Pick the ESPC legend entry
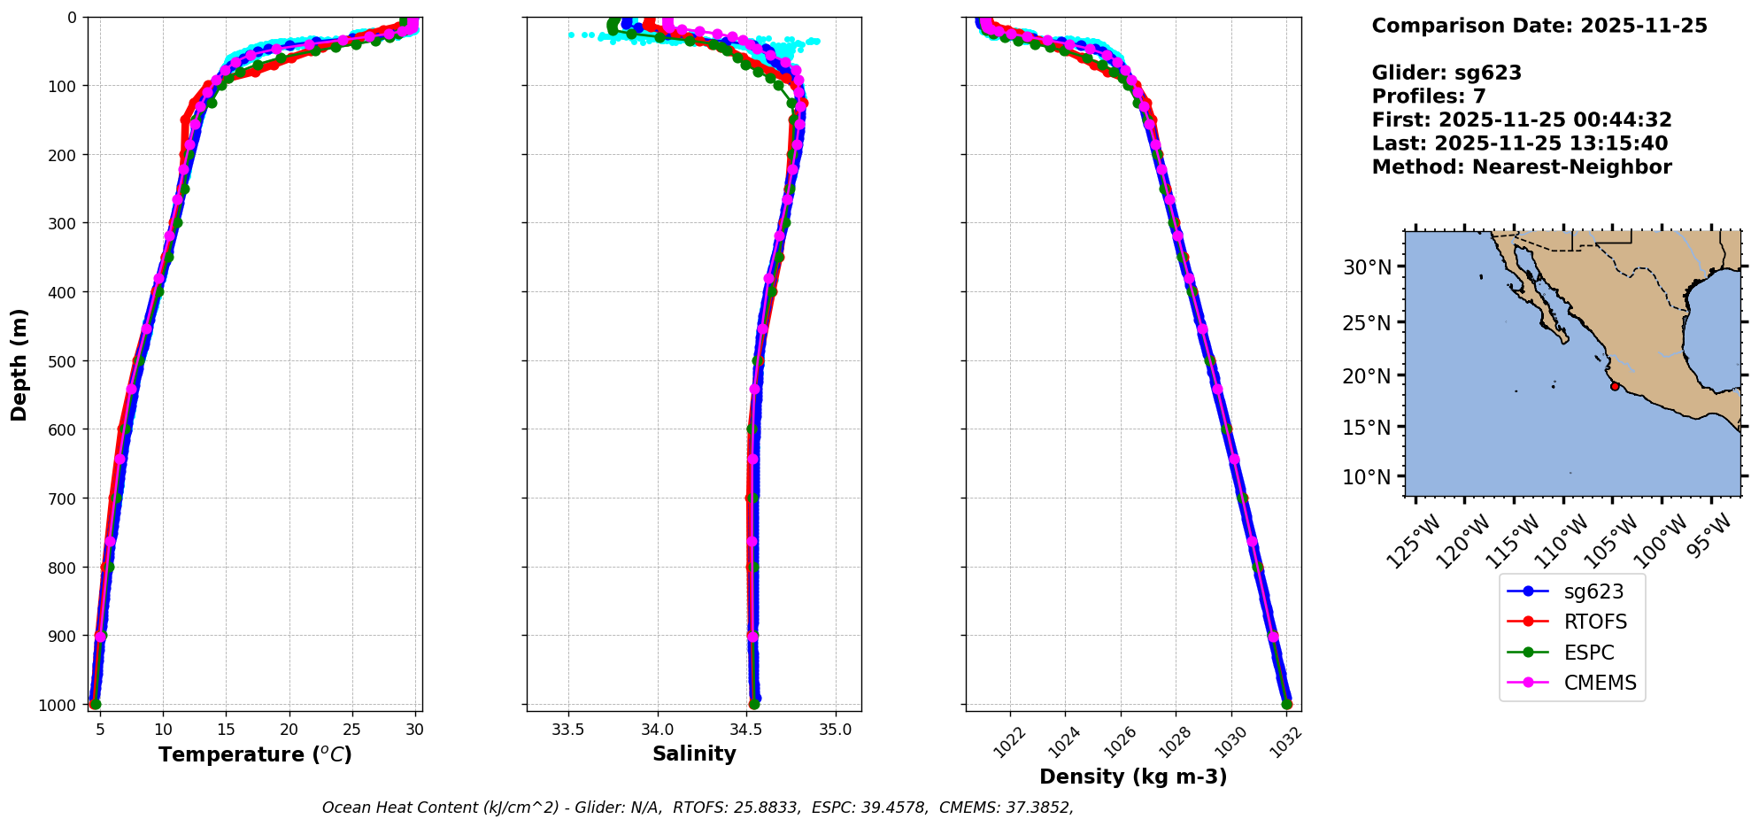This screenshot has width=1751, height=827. point(1588,653)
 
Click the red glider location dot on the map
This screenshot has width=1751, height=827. point(1615,386)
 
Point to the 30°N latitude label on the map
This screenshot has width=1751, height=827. point(1367,267)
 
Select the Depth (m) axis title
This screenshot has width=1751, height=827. point(19,364)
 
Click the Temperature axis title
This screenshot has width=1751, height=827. point(255,754)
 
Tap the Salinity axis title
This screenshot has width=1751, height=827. point(694,754)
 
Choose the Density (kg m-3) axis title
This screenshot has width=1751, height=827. point(1133,777)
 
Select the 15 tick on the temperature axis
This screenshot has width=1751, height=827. point(226,730)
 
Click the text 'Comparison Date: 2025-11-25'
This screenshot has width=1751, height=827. point(1539,26)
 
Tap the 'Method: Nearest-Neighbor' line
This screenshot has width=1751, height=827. point(1522,167)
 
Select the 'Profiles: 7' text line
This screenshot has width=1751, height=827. point(1429,97)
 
